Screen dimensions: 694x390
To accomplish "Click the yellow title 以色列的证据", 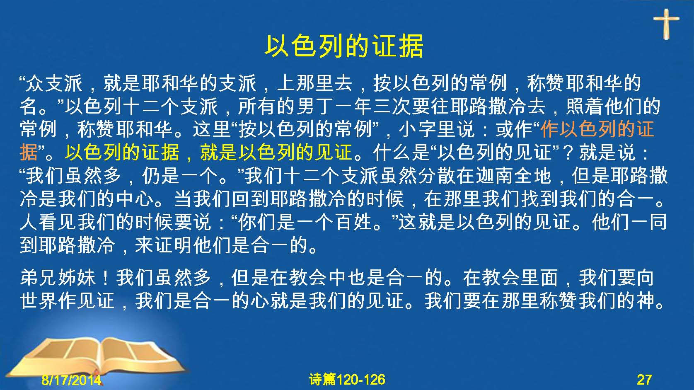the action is click(344, 46).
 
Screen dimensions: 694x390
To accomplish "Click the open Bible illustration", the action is click(96, 356).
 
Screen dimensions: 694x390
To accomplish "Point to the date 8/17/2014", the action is click(71, 380).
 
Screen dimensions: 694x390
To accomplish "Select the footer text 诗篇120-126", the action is click(347, 380).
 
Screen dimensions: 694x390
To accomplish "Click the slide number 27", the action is click(644, 380).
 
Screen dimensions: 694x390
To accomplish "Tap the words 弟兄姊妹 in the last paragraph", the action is click(58, 277).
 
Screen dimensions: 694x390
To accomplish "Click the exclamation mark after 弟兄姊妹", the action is click(106, 277).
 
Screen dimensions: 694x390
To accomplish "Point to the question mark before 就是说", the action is click(568, 153).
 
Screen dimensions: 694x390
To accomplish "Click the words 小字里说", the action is click(436, 129).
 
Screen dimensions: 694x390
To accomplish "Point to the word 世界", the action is click(39, 300).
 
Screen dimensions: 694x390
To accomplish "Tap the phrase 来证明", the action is click(163, 245).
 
